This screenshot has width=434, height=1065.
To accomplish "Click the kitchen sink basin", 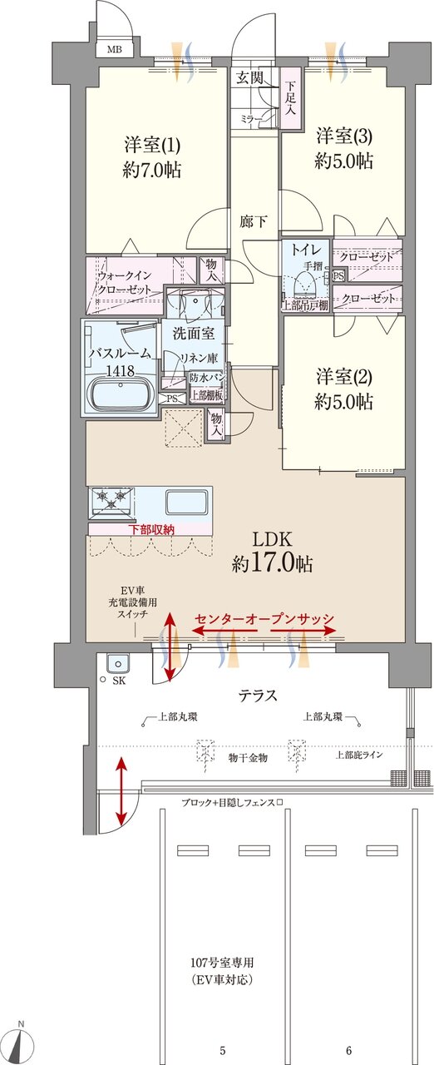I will coord(184,503).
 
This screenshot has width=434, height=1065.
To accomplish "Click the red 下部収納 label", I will coord(150,529).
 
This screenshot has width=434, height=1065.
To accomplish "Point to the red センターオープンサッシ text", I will coord(264,619).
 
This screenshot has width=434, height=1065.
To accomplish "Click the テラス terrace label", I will coord(258,696).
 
